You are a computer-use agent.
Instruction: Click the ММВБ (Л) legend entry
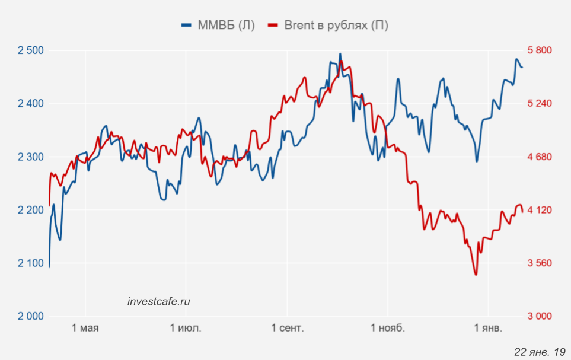tap(218, 25)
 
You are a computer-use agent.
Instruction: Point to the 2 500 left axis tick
tap(31, 50)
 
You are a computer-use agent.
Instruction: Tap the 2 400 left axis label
tap(31, 104)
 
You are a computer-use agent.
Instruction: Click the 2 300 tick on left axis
tap(31, 157)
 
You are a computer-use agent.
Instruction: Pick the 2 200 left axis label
tap(31, 210)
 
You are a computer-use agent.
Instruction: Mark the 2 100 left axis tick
tap(31, 263)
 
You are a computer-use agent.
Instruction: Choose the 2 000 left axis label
tap(31, 316)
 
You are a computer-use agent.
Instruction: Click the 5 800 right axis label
tap(540, 50)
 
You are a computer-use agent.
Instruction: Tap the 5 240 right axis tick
tap(540, 104)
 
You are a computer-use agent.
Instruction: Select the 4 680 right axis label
tap(540, 157)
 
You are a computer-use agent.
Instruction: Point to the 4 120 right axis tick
tap(540, 210)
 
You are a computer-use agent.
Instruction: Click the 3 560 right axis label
tap(540, 263)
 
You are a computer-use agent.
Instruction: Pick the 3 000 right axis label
tap(540, 316)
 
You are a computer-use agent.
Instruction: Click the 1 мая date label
tap(85, 329)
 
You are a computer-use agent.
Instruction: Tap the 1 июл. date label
tap(186, 329)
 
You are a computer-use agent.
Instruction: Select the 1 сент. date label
tap(288, 329)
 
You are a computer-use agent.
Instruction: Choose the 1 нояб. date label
tap(388, 329)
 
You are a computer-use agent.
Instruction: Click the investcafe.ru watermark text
tap(159, 301)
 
